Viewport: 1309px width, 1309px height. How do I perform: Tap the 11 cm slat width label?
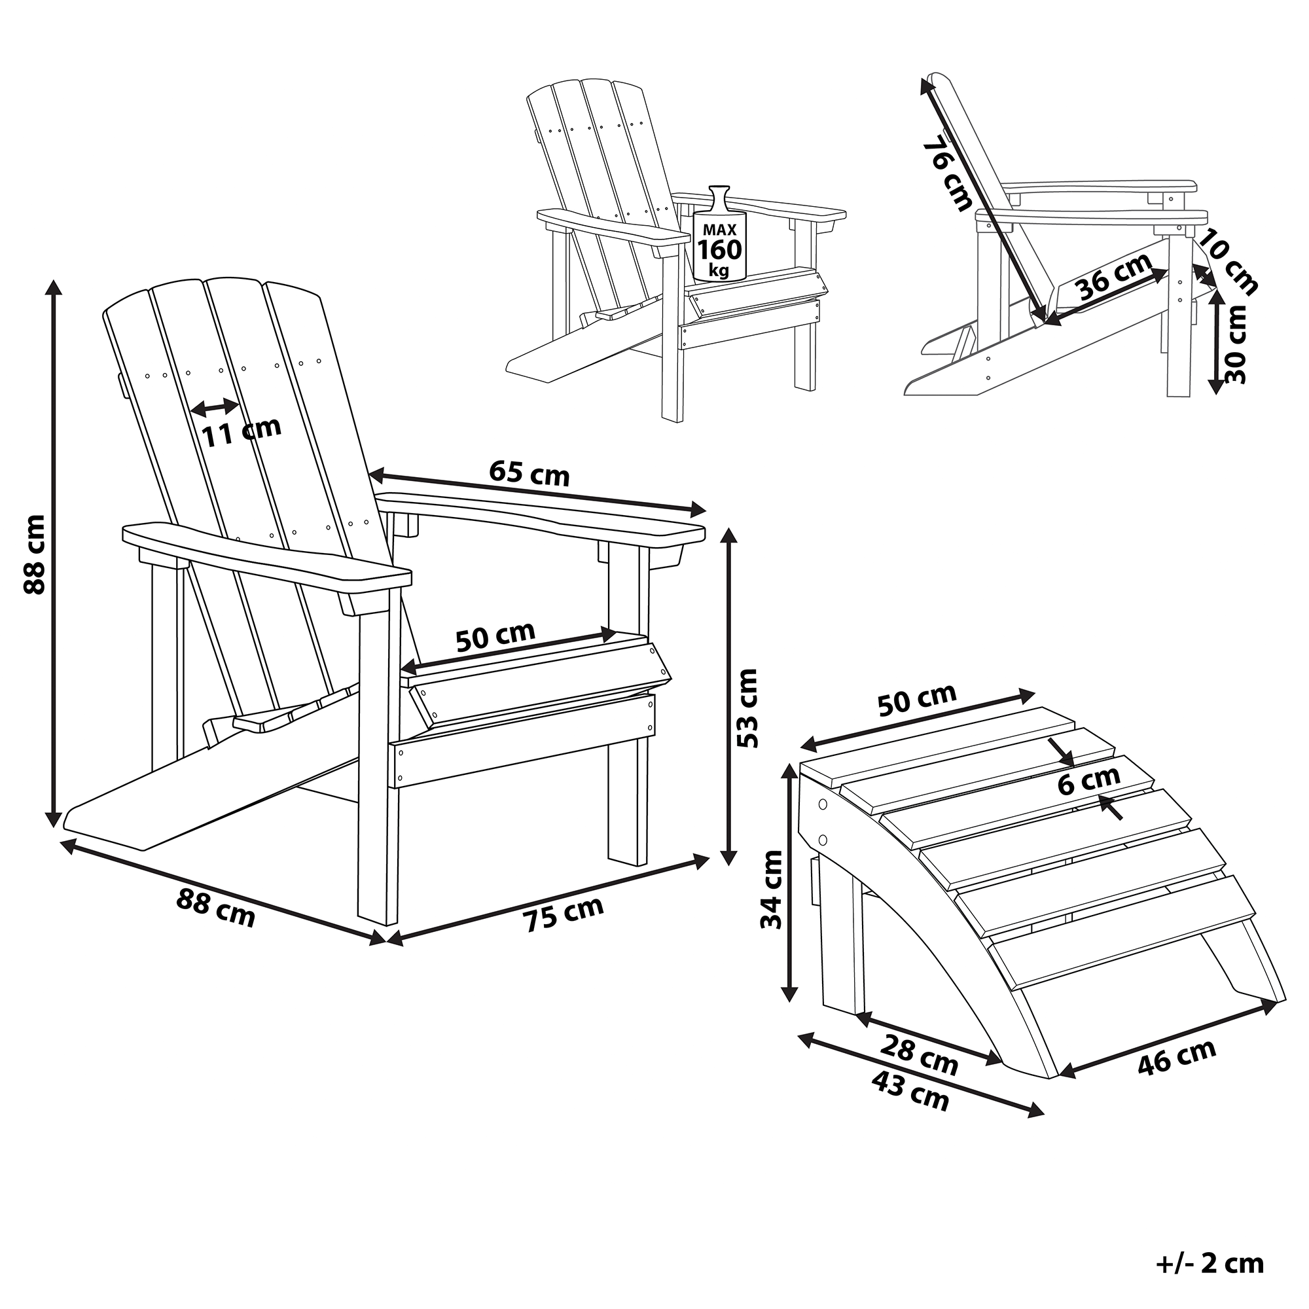tap(242, 431)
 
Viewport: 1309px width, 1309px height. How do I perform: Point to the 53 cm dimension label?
tap(747, 708)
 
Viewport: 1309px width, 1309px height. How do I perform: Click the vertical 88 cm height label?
tap(34, 554)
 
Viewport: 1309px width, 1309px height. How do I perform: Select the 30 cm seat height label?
tap(1235, 344)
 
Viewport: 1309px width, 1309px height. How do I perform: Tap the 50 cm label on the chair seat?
tap(495, 636)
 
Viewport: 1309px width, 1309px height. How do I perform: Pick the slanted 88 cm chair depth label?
tap(215, 907)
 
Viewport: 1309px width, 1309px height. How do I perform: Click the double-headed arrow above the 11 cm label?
tap(215, 407)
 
